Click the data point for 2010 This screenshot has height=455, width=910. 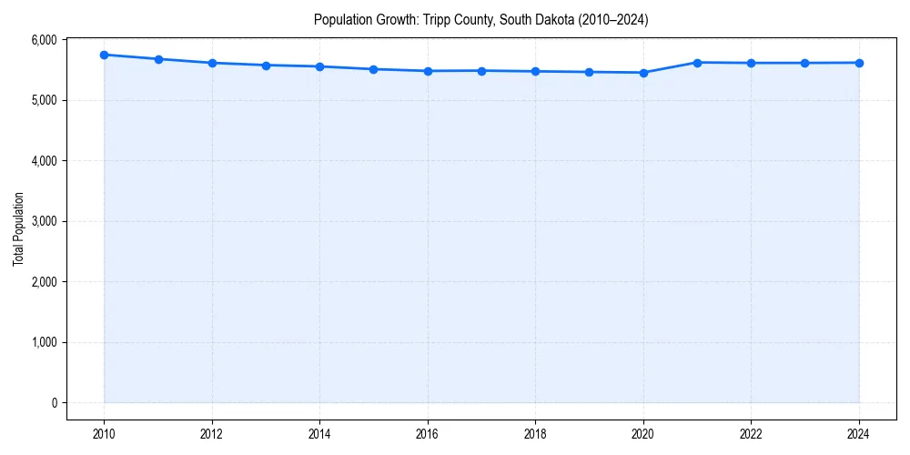(x=105, y=55)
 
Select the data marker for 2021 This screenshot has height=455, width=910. (x=697, y=63)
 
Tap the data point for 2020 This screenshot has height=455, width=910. (x=643, y=73)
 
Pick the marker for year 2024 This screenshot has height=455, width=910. (x=859, y=63)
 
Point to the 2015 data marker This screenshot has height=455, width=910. (x=374, y=69)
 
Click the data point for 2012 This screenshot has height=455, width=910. (x=212, y=63)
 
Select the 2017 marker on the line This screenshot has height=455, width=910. (x=481, y=70)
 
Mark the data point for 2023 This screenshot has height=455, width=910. (x=805, y=63)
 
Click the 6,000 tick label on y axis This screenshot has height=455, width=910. (x=43, y=40)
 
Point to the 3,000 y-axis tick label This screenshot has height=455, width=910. (x=43, y=221)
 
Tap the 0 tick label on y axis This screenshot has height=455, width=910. (x=54, y=403)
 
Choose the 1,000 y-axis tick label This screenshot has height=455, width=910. (x=43, y=342)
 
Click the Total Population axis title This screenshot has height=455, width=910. (x=18, y=228)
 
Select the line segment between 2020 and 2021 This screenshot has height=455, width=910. (x=671, y=67)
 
